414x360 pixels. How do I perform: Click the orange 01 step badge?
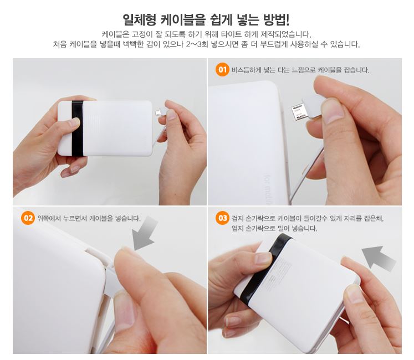pos(222,70)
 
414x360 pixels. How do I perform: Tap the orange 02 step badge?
pos(28,218)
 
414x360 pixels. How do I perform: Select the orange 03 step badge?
pos(222,218)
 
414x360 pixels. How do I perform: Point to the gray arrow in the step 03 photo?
pos(378,258)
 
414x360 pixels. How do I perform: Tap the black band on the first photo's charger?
pos(77,128)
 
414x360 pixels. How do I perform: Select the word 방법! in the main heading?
pos(277,20)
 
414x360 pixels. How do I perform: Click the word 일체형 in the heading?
pos(140,20)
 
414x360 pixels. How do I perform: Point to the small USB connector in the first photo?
pos(158,112)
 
